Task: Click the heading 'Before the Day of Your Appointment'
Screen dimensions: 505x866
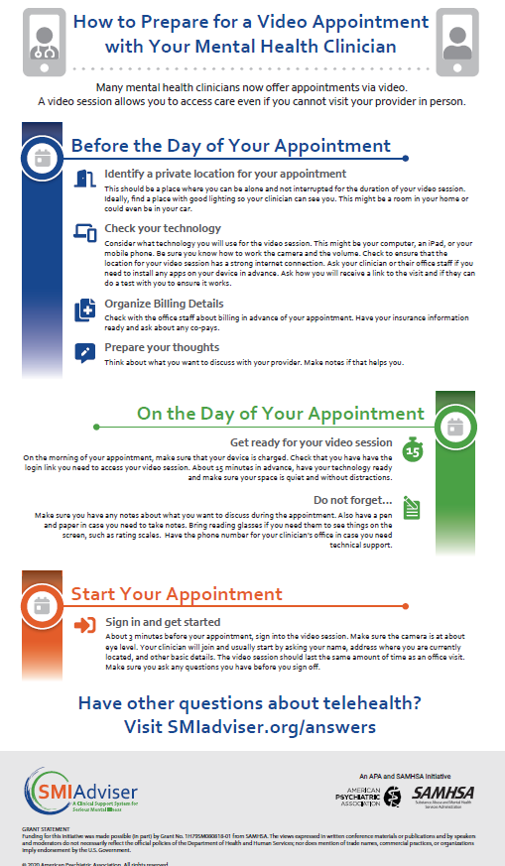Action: [235, 146]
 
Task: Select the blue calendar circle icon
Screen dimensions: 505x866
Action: [43, 158]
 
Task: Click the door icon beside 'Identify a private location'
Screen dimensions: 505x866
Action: [85, 179]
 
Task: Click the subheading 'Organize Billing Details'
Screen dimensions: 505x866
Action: [164, 304]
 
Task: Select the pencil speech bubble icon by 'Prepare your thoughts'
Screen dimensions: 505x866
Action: [85, 351]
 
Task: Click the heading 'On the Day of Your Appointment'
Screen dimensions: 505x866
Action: [282, 414]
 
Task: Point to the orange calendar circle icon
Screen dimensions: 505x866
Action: [43, 603]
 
